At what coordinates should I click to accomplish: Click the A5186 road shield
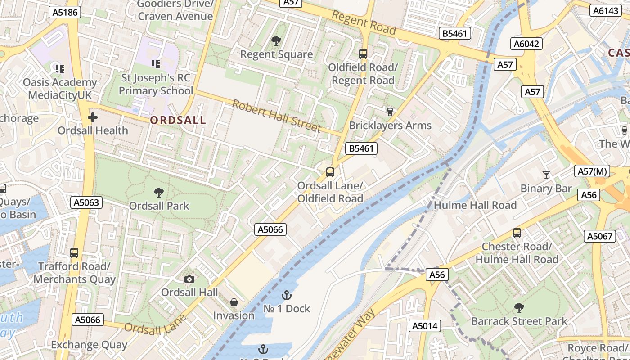pyautogui.click(x=65, y=12)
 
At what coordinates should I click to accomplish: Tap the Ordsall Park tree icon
pyautogui.click(x=158, y=193)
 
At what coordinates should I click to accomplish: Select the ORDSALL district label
pyautogui.click(x=178, y=120)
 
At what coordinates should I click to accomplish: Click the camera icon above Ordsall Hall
pyautogui.click(x=189, y=279)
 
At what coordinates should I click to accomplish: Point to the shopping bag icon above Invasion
pyautogui.click(x=234, y=302)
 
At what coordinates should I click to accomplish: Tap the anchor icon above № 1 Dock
pyautogui.click(x=286, y=295)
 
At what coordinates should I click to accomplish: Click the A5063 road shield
pyautogui.click(x=86, y=202)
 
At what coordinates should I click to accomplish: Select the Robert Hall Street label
pyautogui.click(x=277, y=116)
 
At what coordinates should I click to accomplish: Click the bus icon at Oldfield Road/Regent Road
pyautogui.click(x=363, y=54)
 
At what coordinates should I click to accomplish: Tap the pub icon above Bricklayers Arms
pyautogui.click(x=390, y=112)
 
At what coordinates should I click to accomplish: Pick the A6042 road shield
pyautogui.click(x=526, y=44)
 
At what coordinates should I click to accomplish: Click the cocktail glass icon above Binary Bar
pyautogui.click(x=546, y=175)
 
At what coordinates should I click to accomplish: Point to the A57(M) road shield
pyautogui.click(x=592, y=171)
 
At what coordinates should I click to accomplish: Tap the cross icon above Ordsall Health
pyautogui.click(x=93, y=118)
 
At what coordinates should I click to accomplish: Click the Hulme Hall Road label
pyautogui.click(x=475, y=205)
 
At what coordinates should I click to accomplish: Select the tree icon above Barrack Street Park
pyautogui.click(x=519, y=308)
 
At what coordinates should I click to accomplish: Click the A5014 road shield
pyautogui.click(x=425, y=326)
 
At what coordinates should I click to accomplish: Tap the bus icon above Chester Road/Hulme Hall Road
pyautogui.click(x=517, y=233)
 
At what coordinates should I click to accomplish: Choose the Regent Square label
pyautogui.click(x=276, y=54)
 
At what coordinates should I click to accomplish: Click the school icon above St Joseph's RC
pyautogui.click(x=156, y=64)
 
